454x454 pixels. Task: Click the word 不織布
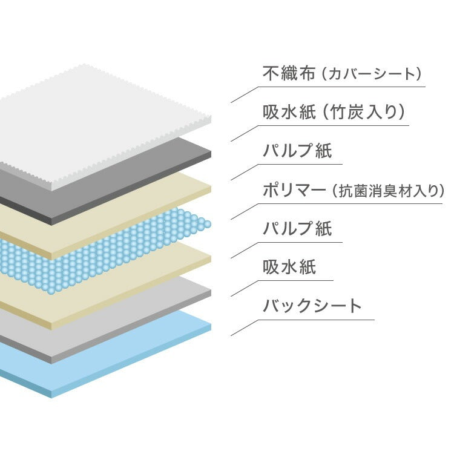tap(289, 73)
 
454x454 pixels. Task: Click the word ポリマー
tap(294, 190)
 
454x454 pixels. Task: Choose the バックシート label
tap(312, 306)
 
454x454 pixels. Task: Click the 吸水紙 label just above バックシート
tap(289, 267)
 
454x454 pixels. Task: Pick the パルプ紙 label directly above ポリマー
tap(297, 151)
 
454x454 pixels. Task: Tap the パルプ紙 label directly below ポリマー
tap(297, 228)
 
